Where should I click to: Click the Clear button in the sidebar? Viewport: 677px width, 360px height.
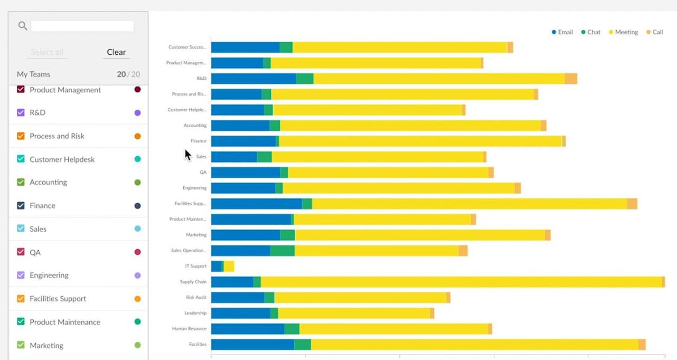116,52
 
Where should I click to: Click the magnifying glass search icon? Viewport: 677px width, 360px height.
22,26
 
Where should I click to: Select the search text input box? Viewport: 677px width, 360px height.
82,26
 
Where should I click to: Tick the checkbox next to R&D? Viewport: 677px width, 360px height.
21,112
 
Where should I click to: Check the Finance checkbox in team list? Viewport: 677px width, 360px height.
21,205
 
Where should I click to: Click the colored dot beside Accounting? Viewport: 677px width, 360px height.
137,182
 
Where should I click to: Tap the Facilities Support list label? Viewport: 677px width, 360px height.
58,298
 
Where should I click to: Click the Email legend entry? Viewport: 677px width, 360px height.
562,32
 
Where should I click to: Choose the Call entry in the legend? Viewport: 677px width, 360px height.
655,32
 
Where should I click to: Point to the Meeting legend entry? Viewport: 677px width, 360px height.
624,32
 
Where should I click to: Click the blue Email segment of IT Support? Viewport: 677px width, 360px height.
216,266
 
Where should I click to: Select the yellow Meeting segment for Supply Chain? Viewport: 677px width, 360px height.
459,282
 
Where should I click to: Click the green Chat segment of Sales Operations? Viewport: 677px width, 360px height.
282,251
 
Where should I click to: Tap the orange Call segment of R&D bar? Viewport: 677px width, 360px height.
571,79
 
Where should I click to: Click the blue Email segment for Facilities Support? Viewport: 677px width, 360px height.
256,204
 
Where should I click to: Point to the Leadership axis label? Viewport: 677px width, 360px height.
195,313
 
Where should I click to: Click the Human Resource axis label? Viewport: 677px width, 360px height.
189,328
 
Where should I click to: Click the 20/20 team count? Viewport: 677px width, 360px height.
128,74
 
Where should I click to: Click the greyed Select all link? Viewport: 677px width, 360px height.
47,52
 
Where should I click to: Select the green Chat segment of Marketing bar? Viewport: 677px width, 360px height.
287,235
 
